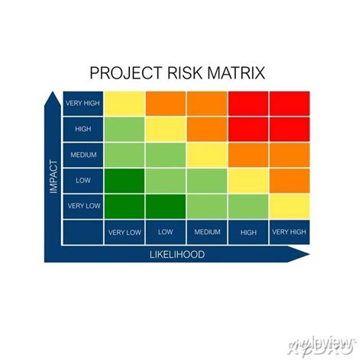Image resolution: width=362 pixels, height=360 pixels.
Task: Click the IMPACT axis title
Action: point(53,175)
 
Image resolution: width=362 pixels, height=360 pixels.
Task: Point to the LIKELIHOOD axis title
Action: point(176,254)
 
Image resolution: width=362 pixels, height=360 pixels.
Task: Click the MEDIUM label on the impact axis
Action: point(83,155)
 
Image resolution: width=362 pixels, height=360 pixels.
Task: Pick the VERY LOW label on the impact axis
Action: point(83,206)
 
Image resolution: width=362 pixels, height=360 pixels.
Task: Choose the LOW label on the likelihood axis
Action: point(166,232)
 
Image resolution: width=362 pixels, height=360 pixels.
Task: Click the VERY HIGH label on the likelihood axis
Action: point(289,232)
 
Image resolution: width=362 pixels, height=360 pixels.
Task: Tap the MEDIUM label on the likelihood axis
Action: point(207,232)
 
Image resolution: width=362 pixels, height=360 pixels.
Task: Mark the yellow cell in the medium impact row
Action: point(207,155)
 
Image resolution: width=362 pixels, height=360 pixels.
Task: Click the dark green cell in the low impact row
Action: point(124,181)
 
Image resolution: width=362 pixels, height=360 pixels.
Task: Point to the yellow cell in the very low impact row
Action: point(289,206)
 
